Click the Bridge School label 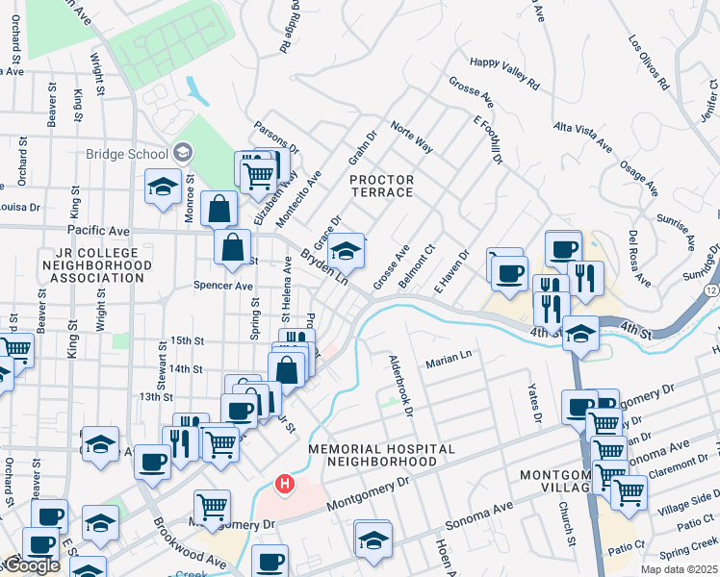(x=126, y=154)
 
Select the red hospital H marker (x=284, y=483)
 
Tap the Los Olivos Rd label (x=648, y=63)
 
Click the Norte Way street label (x=411, y=138)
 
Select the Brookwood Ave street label (x=189, y=543)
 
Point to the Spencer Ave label (x=222, y=286)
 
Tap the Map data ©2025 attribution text (x=677, y=569)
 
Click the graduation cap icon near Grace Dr (x=347, y=252)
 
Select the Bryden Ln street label (x=323, y=268)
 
